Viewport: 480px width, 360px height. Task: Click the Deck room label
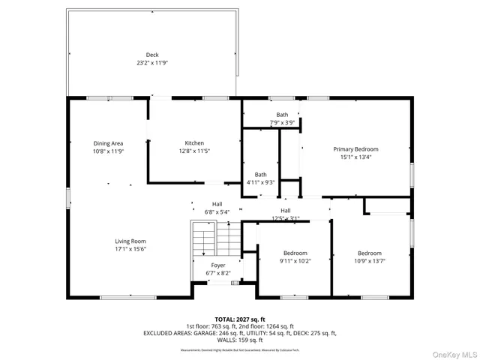click(x=152, y=55)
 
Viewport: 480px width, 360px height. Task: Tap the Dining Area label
click(x=108, y=143)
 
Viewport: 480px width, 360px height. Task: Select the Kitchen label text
click(x=194, y=143)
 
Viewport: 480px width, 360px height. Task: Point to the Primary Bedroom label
click(x=355, y=149)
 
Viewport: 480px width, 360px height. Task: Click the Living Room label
click(x=130, y=241)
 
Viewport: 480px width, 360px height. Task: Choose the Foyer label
click(x=217, y=265)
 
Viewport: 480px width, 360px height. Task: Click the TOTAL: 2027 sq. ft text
click(x=240, y=319)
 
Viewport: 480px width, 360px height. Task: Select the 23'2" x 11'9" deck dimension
click(x=152, y=63)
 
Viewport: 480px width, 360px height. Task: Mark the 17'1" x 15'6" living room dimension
click(x=130, y=249)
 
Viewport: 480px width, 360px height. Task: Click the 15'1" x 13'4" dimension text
click(x=355, y=157)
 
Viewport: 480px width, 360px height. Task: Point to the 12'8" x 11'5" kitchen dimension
click(x=194, y=151)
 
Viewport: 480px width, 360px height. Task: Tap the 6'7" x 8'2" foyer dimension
click(x=217, y=274)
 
